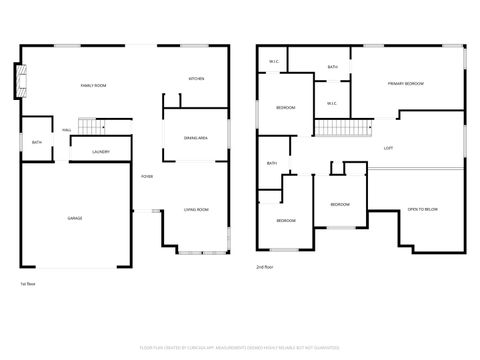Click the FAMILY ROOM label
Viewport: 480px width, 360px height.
(93, 86)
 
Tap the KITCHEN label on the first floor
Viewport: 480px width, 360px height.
(197, 79)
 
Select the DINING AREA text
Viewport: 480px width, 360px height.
(195, 138)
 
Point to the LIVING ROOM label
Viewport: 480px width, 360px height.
(196, 209)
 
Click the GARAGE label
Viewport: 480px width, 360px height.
(75, 217)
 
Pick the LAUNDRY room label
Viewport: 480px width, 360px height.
(101, 152)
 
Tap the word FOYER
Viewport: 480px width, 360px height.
(146, 176)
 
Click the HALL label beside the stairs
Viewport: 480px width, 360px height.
(67, 130)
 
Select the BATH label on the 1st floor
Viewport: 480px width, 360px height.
(36, 142)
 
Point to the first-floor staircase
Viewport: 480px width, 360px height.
(92, 126)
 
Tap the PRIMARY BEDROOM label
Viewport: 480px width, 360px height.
(406, 83)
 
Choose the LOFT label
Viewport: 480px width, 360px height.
(388, 148)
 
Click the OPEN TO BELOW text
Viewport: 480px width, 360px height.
(422, 209)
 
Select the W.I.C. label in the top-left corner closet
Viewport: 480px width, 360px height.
(273, 62)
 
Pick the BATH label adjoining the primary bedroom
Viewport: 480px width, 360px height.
(332, 67)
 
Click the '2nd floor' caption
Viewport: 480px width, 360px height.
(265, 267)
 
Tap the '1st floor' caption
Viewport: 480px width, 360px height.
(29, 283)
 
